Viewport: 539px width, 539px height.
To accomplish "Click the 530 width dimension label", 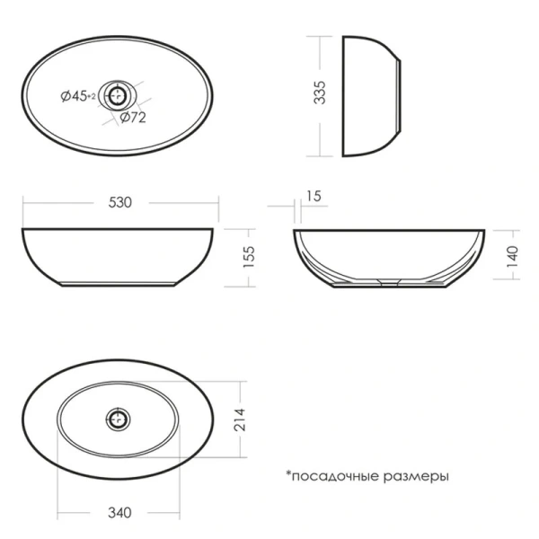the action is (x=120, y=202).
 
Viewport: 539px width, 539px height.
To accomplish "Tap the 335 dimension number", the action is (x=320, y=93).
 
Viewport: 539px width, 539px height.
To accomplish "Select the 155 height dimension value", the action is (x=249, y=257).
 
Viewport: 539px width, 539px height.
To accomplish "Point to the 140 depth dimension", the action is (x=512, y=256).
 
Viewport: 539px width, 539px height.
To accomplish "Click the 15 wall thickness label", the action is (x=314, y=196).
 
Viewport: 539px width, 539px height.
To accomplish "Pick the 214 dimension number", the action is (x=240, y=420).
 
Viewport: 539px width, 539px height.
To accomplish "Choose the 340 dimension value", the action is (x=119, y=513).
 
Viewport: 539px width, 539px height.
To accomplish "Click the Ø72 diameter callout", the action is (x=133, y=118).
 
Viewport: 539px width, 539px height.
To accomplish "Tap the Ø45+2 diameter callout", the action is (x=78, y=96).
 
